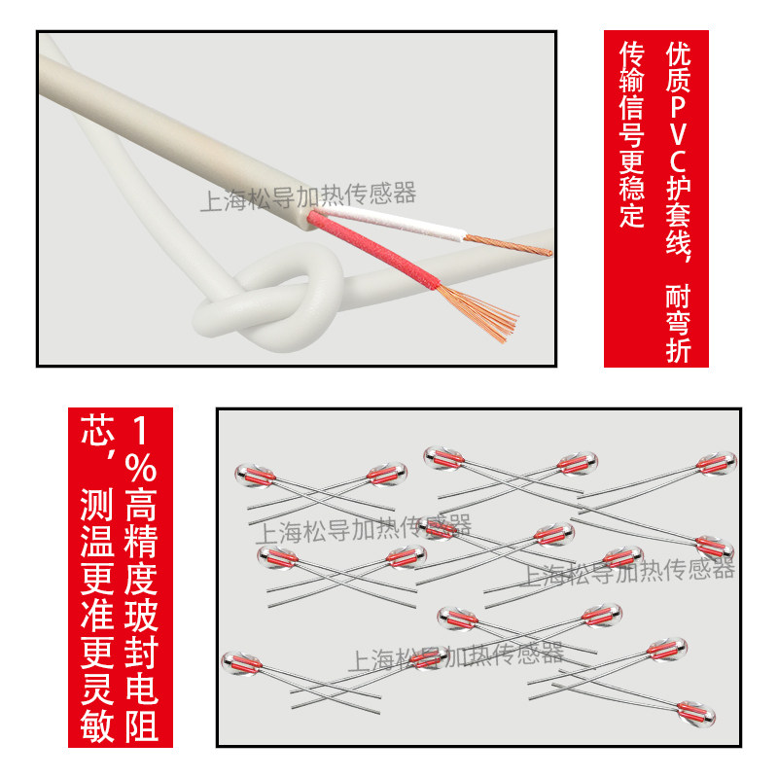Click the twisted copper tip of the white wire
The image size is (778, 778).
pos(508,245)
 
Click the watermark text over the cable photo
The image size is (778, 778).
pos(307,196)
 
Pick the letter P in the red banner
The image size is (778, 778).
pos(678,105)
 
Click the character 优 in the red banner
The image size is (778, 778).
pos(678,53)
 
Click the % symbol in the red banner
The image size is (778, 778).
pos(141,467)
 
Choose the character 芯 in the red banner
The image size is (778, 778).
pos(96,430)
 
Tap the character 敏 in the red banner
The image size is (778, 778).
pos(96,725)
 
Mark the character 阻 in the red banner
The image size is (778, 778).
pos(141,725)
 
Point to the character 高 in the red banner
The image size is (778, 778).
pos(141,504)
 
